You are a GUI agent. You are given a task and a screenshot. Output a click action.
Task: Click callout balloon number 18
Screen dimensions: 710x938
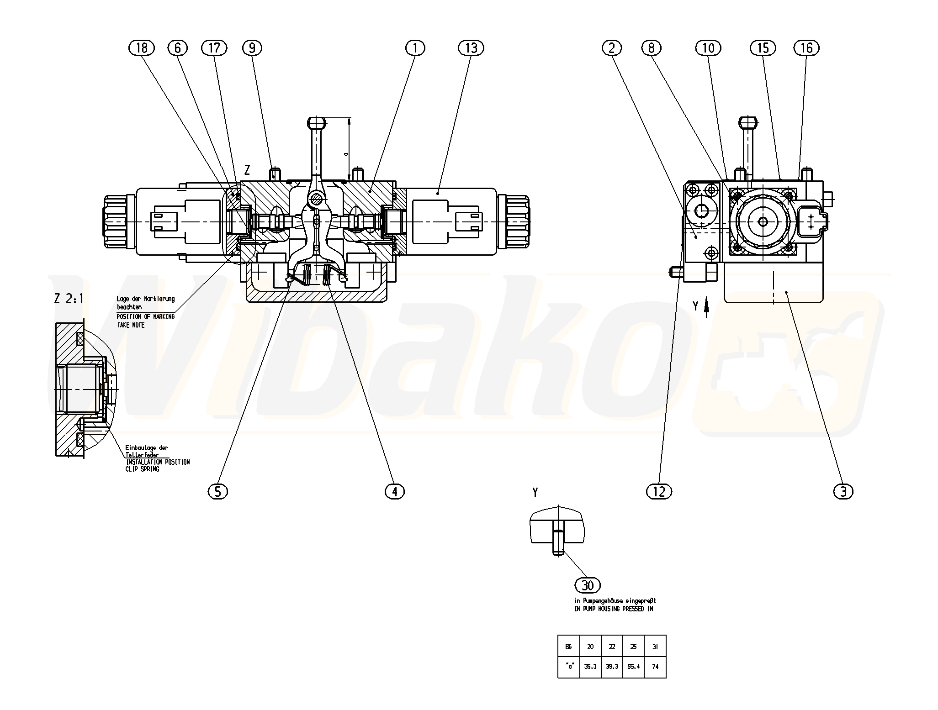coord(142,48)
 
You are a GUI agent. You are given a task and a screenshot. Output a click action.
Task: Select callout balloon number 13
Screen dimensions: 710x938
coord(471,48)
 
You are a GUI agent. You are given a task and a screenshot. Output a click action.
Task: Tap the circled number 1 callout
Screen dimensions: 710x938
coord(415,48)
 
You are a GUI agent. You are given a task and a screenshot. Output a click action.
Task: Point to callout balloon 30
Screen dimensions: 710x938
coord(588,585)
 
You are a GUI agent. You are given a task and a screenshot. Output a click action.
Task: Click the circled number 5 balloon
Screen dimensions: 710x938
coord(217,491)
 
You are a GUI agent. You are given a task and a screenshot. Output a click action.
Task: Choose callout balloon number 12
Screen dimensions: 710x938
coord(659,491)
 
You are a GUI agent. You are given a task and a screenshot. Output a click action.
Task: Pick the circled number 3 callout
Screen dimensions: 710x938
coord(843,491)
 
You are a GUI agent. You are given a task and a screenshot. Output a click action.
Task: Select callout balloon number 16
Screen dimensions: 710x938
coord(807,48)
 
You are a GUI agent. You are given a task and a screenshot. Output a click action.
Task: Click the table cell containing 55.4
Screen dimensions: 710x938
coord(633,666)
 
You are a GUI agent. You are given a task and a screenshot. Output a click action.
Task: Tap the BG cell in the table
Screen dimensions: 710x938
coord(568,647)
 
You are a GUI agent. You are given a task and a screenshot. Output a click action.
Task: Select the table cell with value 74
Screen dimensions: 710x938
coord(655,666)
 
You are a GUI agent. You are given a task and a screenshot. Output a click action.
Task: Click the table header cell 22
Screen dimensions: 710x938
coord(612,647)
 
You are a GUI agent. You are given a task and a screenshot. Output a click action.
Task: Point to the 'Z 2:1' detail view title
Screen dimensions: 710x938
coord(69,299)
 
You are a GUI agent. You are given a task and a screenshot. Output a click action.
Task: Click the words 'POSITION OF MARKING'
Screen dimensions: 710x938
coord(146,316)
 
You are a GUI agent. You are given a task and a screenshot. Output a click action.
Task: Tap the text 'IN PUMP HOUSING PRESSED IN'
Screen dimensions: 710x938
coord(614,609)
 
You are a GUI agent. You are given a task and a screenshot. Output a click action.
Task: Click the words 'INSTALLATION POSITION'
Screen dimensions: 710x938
coord(158,462)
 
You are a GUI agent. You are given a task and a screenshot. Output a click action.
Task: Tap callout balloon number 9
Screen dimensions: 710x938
coord(252,48)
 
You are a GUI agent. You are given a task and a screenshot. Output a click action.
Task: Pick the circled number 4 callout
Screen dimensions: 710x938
coord(395,491)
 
